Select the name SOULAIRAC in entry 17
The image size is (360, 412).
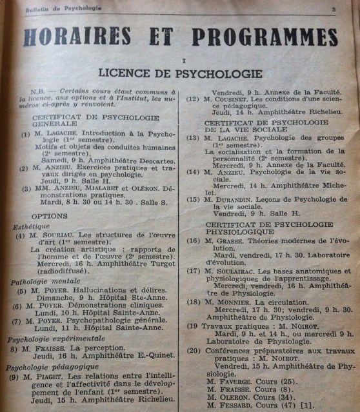click(x=236, y=271)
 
